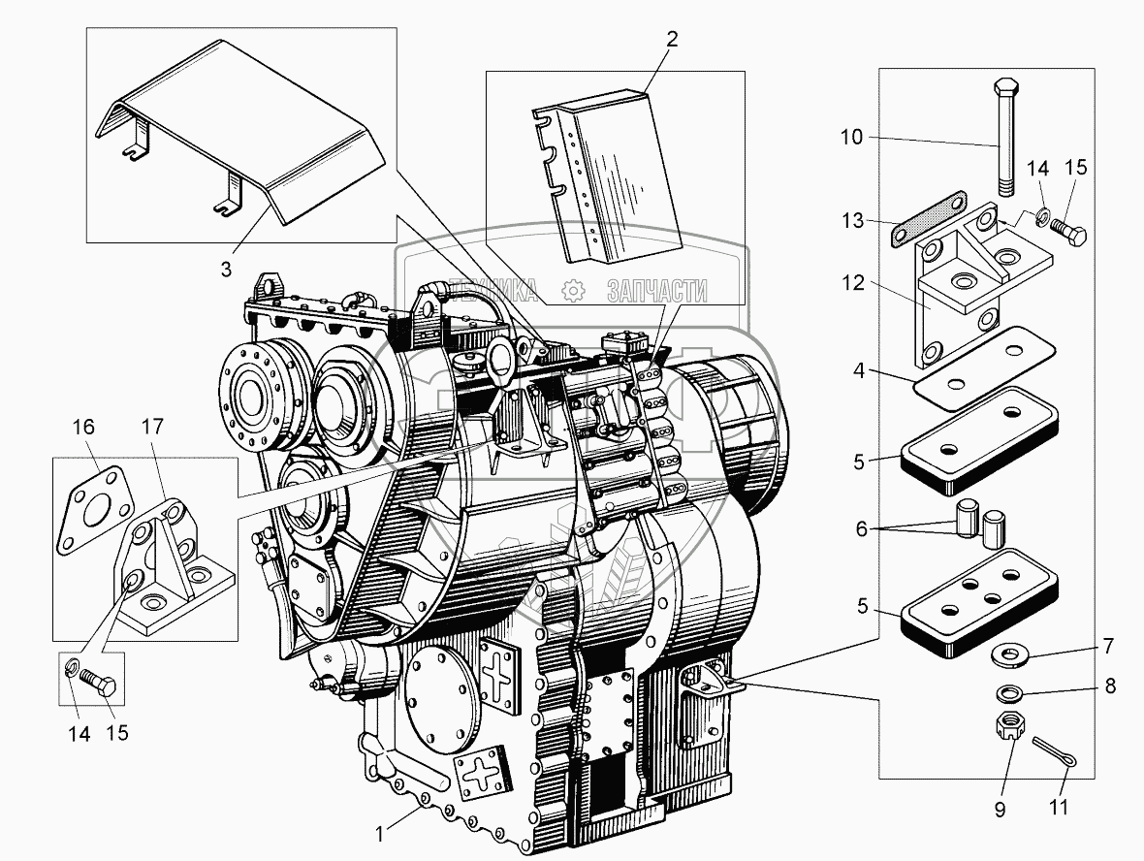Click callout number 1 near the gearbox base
[379, 833]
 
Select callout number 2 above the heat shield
[672, 39]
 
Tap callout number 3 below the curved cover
[226, 270]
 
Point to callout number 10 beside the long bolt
[851, 137]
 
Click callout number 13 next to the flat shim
[853, 220]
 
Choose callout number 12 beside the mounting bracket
[853, 282]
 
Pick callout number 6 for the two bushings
[862, 529]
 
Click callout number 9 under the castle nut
[1000, 810]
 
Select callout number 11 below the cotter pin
[1059, 807]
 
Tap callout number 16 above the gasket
[84, 426]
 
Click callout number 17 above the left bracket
[152, 426]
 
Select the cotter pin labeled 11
[1055, 751]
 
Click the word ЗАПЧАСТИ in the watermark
[656, 291]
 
